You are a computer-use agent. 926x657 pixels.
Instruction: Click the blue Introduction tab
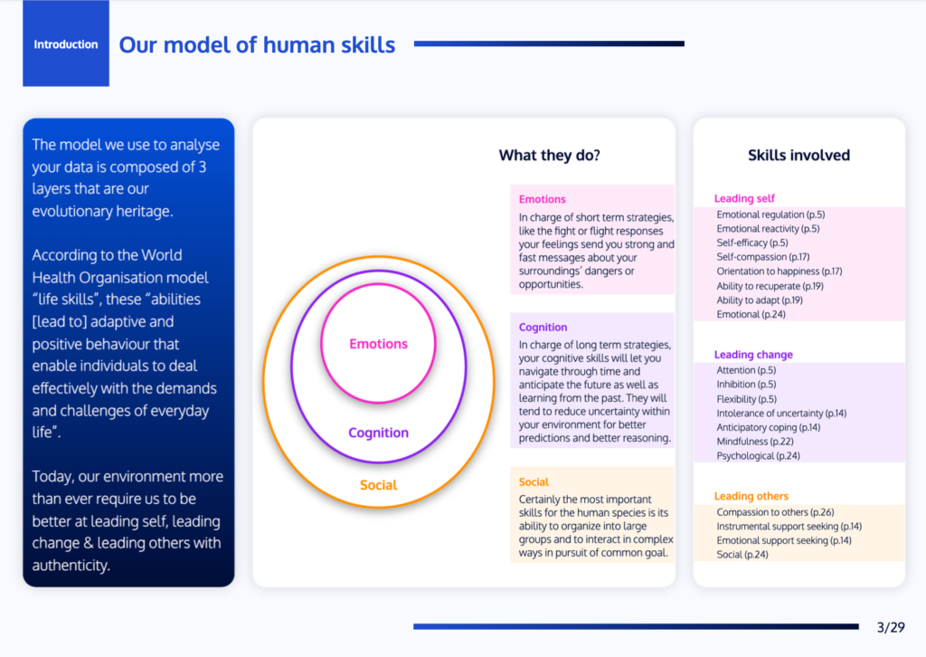click(x=65, y=43)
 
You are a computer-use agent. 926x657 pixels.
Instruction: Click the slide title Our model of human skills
click(x=257, y=45)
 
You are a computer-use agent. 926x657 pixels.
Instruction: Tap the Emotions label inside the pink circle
click(x=379, y=344)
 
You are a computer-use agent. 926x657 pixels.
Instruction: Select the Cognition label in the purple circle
click(x=379, y=433)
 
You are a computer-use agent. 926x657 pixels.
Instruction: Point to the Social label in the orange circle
click(x=379, y=485)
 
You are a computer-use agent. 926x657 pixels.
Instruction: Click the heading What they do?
click(x=549, y=156)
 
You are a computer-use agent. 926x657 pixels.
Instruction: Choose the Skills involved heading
click(x=799, y=156)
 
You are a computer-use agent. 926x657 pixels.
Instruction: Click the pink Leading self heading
click(x=744, y=198)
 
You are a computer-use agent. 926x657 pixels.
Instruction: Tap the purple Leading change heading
click(x=753, y=355)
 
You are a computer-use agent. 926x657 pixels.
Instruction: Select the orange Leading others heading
click(x=751, y=496)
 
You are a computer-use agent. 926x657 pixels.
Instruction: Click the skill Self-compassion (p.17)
click(x=763, y=257)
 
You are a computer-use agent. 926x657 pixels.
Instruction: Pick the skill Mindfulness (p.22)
click(x=755, y=442)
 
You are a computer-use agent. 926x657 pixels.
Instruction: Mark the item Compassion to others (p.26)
click(x=775, y=512)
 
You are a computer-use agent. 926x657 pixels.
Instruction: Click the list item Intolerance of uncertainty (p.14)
click(x=781, y=413)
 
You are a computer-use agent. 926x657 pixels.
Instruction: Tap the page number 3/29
click(x=891, y=627)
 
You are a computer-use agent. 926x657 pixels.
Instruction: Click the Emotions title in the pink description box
click(x=543, y=199)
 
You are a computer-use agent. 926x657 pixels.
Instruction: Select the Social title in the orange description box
click(x=534, y=482)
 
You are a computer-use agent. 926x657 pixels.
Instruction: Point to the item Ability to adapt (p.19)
click(x=760, y=300)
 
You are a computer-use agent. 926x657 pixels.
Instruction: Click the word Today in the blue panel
click(x=52, y=477)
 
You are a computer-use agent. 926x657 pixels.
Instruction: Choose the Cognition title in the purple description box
click(x=543, y=328)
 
